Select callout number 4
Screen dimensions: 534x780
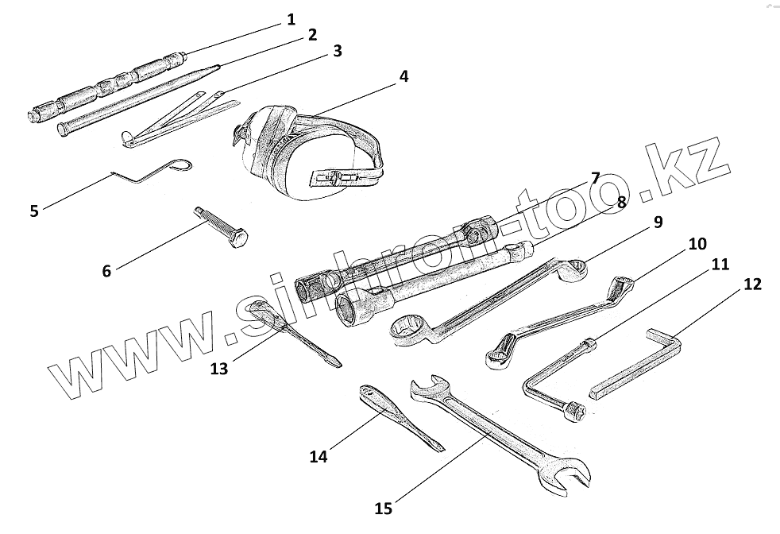click(x=404, y=76)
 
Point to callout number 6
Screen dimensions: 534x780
click(x=107, y=269)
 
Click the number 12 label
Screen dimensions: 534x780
click(x=751, y=283)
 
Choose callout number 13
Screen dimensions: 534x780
click(x=219, y=368)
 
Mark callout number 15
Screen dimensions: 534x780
click(x=384, y=505)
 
